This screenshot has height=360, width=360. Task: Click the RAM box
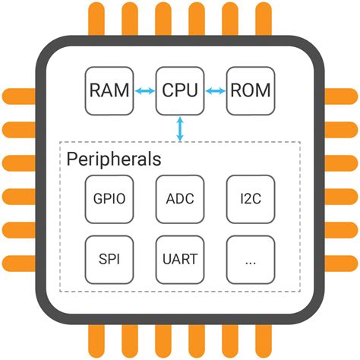[108, 91]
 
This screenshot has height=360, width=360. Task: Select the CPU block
[179, 91]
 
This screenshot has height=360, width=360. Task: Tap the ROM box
[250, 91]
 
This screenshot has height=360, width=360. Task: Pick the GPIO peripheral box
[109, 199]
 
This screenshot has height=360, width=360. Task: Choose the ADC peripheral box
[179, 199]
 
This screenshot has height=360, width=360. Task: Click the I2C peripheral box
[250, 199]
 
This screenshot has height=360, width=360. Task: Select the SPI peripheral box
[109, 259]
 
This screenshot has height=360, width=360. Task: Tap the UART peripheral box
[179, 259]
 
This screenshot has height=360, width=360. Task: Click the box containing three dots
[250, 259]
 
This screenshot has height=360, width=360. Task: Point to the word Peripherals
[113, 159]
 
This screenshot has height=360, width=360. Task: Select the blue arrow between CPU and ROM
[215, 91]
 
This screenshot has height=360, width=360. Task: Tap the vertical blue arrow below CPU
[180, 128]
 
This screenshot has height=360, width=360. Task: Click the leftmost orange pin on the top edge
[96, 17]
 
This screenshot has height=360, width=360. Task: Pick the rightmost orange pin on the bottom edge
[263, 343]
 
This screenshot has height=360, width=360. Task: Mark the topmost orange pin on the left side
[17, 96]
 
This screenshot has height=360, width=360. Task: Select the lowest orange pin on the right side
[343, 263]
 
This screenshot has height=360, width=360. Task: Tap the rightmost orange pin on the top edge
[263, 17]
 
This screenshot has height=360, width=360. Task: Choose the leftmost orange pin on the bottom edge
[96, 343]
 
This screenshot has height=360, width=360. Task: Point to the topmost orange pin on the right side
[343, 96]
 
